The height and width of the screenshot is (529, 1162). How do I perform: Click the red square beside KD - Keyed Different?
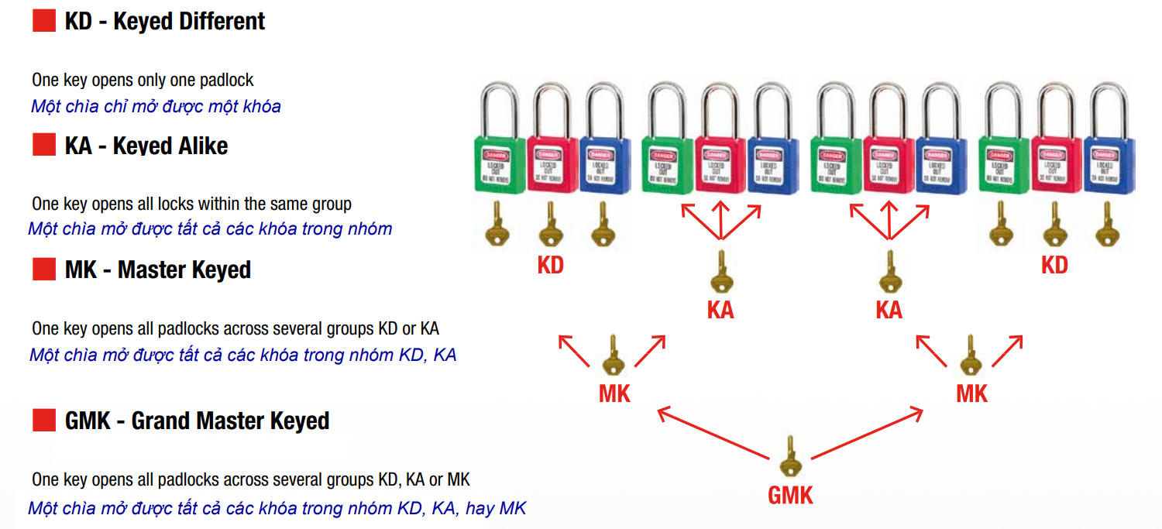point(43,21)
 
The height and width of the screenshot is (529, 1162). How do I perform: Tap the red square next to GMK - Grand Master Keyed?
point(43,421)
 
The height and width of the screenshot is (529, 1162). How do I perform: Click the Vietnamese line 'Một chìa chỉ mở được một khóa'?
point(156,106)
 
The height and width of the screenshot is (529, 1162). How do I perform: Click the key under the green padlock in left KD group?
point(497,225)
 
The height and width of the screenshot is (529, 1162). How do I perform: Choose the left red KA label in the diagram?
point(720,311)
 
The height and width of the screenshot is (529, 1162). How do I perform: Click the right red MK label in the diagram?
point(971,393)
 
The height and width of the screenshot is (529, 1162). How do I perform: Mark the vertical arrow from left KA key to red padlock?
point(720,221)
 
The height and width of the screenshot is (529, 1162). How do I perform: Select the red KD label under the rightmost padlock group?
point(1054,266)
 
